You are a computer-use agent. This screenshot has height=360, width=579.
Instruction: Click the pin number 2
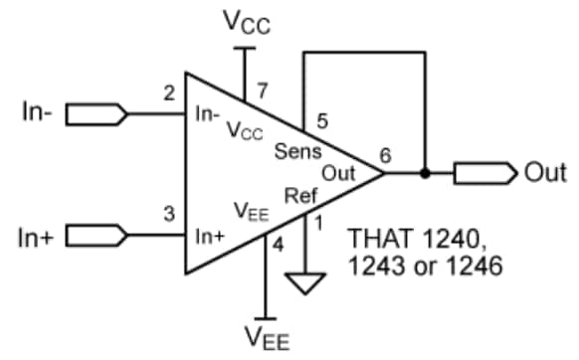169,94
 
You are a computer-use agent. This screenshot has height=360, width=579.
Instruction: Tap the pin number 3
169,213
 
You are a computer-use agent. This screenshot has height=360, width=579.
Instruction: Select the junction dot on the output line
426,173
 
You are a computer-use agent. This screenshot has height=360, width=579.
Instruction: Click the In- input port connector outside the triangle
96,115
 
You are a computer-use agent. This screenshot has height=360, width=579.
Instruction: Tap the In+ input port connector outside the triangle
96,235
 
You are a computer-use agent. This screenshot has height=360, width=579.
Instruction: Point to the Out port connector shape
484,173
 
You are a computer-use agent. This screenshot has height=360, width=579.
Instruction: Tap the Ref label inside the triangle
301,195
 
